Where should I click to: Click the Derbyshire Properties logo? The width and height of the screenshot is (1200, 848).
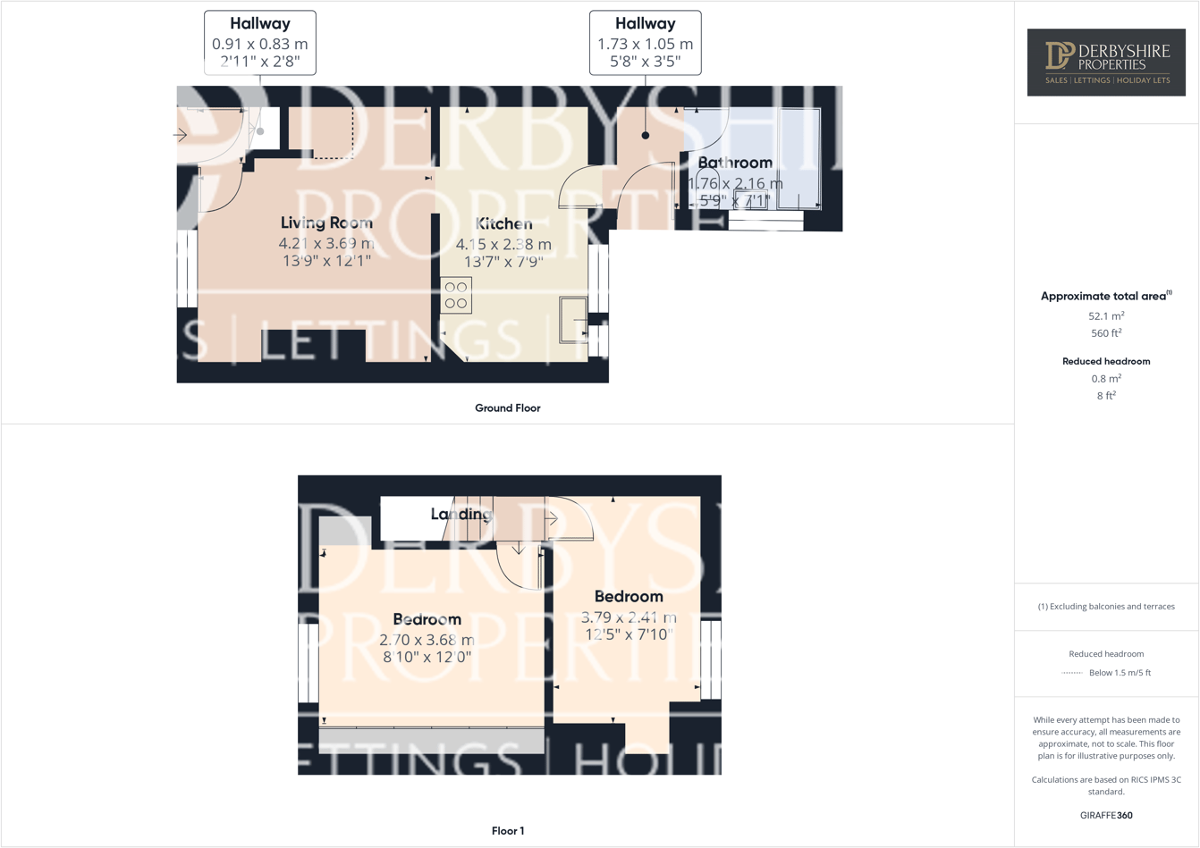(x=1106, y=62)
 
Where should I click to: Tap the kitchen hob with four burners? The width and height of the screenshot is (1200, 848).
(x=456, y=296)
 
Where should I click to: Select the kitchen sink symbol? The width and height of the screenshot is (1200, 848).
(x=572, y=319)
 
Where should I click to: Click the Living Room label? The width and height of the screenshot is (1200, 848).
(x=326, y=222)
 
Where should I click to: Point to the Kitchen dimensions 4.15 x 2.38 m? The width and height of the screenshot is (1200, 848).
(x=503, y=244)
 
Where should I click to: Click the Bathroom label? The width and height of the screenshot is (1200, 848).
(x=735, y=163)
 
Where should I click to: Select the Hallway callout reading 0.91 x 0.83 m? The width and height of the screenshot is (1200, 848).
(x=260, y=43)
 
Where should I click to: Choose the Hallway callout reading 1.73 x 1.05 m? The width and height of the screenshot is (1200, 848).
(x=645, y=43)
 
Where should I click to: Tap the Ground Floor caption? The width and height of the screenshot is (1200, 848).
(x=507, y=408)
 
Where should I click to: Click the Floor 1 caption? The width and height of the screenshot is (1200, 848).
(x=508, y=831)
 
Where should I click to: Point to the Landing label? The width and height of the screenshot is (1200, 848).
(x=461, y=514)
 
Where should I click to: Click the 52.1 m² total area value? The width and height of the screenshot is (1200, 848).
(x=1106, y=316)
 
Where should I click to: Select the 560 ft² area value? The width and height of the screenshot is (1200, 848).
(x=1106, y=333)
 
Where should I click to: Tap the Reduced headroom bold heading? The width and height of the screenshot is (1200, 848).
(x=1106, y=361)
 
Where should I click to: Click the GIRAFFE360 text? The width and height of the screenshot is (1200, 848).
(x=1106, y=815)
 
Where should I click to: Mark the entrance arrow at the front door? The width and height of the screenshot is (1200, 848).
(x=181, y=136)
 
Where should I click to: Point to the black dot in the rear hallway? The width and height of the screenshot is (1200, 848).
(x=646, y=136)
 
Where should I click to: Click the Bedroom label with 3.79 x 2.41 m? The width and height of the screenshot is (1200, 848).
(x=629, y=596)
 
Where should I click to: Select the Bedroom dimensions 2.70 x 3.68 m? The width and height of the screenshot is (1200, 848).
(x=427, y=640)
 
